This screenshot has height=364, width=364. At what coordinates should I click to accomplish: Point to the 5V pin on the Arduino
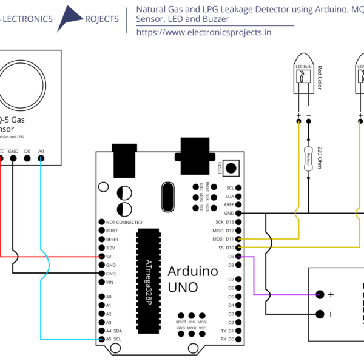pos(101,257)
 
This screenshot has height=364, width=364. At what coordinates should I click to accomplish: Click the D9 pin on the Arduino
pos(239,257)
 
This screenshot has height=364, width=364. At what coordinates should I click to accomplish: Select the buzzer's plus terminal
pos(320,295)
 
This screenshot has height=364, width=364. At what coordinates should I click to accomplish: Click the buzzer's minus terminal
pos(320,314)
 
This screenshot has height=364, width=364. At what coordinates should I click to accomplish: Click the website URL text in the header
pos(204,32)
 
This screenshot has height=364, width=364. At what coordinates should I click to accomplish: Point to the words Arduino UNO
pos(192,279)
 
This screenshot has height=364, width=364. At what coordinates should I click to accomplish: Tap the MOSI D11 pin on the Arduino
pos(239,239)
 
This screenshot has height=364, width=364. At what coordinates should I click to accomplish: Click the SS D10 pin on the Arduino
pos(239,248)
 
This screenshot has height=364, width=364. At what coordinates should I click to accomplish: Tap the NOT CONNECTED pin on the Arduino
pos(101,223)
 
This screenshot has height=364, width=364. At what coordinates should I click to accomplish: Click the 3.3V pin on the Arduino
pos(101,248)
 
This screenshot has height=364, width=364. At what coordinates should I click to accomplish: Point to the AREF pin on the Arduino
pos(239,205)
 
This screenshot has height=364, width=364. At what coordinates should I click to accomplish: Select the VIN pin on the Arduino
pos(101,282)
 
